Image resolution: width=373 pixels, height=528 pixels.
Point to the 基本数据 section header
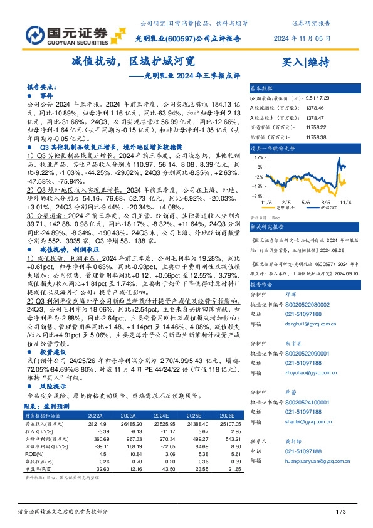(x=262, y=88)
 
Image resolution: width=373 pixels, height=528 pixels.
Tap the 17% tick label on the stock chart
(x=258, y=159)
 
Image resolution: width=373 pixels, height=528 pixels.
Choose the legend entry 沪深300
(x=325, y=208)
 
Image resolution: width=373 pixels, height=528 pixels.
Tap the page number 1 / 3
(x=341, y=512)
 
